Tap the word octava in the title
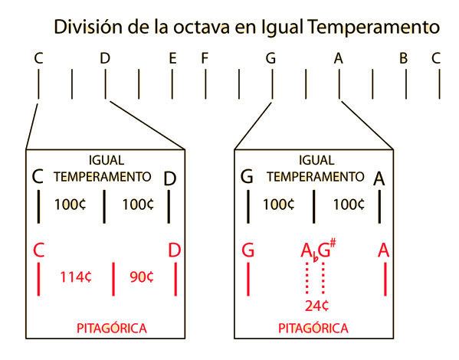201,27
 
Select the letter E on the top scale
172,58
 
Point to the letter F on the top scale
205,58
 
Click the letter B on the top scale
403,58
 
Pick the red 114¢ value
76,277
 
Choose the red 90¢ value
142,277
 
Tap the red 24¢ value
316,306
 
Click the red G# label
326,249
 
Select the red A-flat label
310,252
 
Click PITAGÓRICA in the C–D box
112,328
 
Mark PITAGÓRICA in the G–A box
313,328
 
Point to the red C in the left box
38,250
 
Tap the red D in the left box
175,250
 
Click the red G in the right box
248,250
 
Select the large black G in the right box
247,176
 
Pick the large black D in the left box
170,178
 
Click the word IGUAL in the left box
107,160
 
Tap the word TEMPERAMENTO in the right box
315,177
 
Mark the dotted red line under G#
323,278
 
